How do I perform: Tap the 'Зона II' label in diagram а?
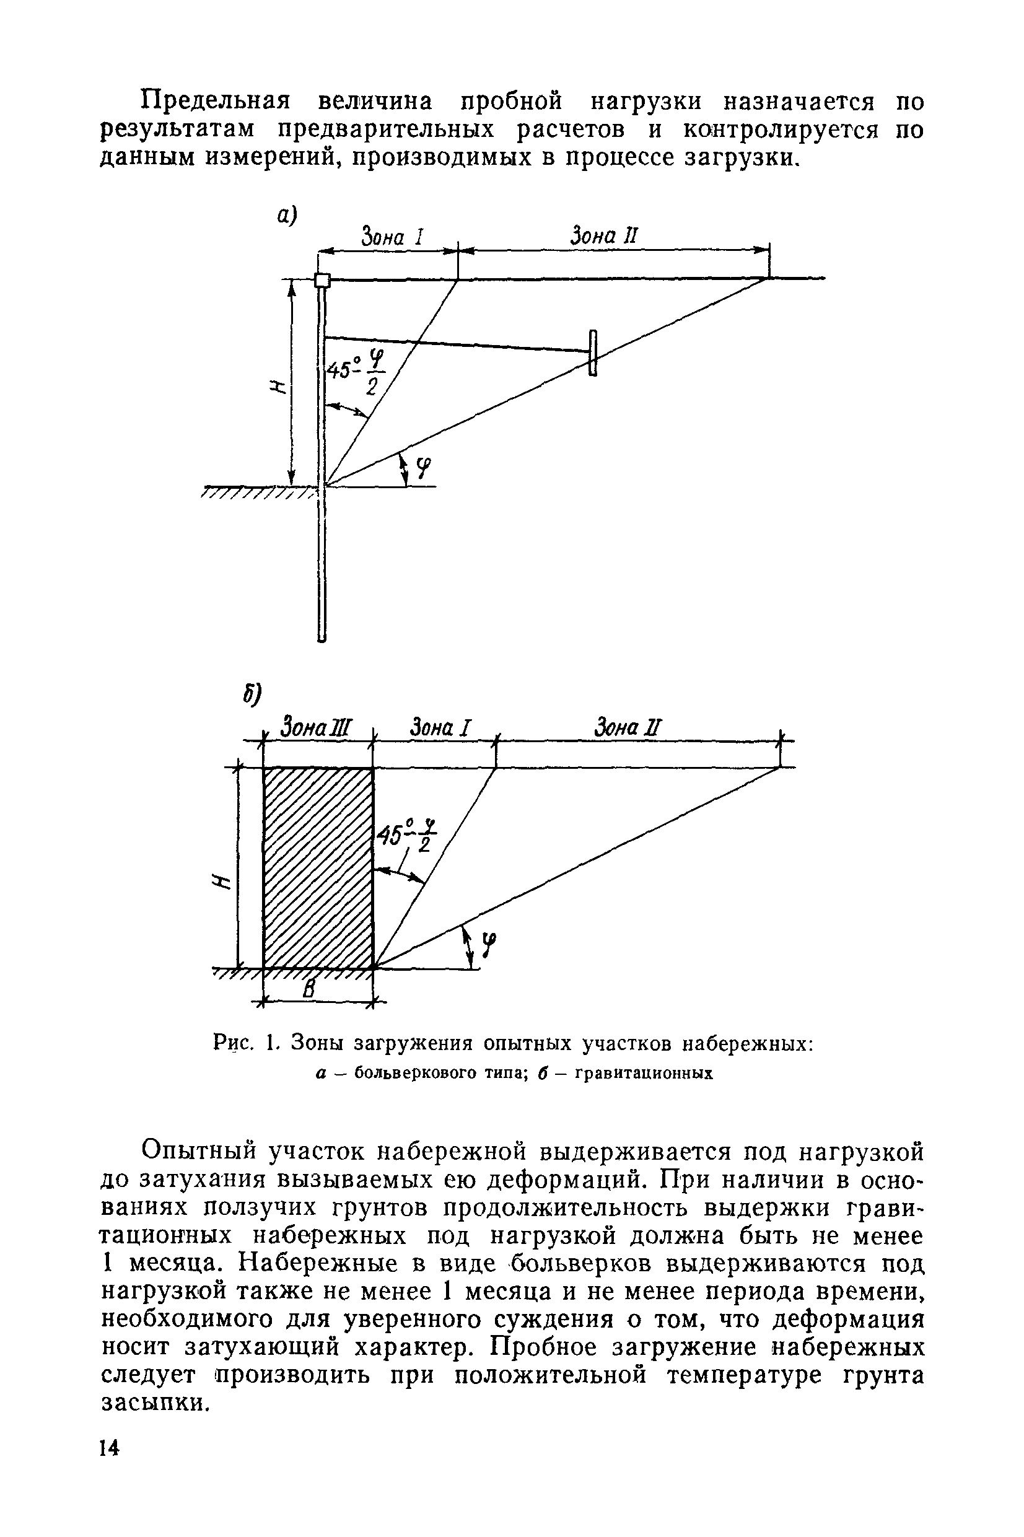(603, 235)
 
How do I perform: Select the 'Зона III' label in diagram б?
(315, 727)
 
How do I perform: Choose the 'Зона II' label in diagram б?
(628, 727)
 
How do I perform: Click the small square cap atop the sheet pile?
(322, 280)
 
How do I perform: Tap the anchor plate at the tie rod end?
(592, 353)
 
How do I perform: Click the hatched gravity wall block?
(318, 868)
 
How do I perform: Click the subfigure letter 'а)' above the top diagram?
(286, 215)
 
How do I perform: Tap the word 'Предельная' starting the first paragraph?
(216, 102)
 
